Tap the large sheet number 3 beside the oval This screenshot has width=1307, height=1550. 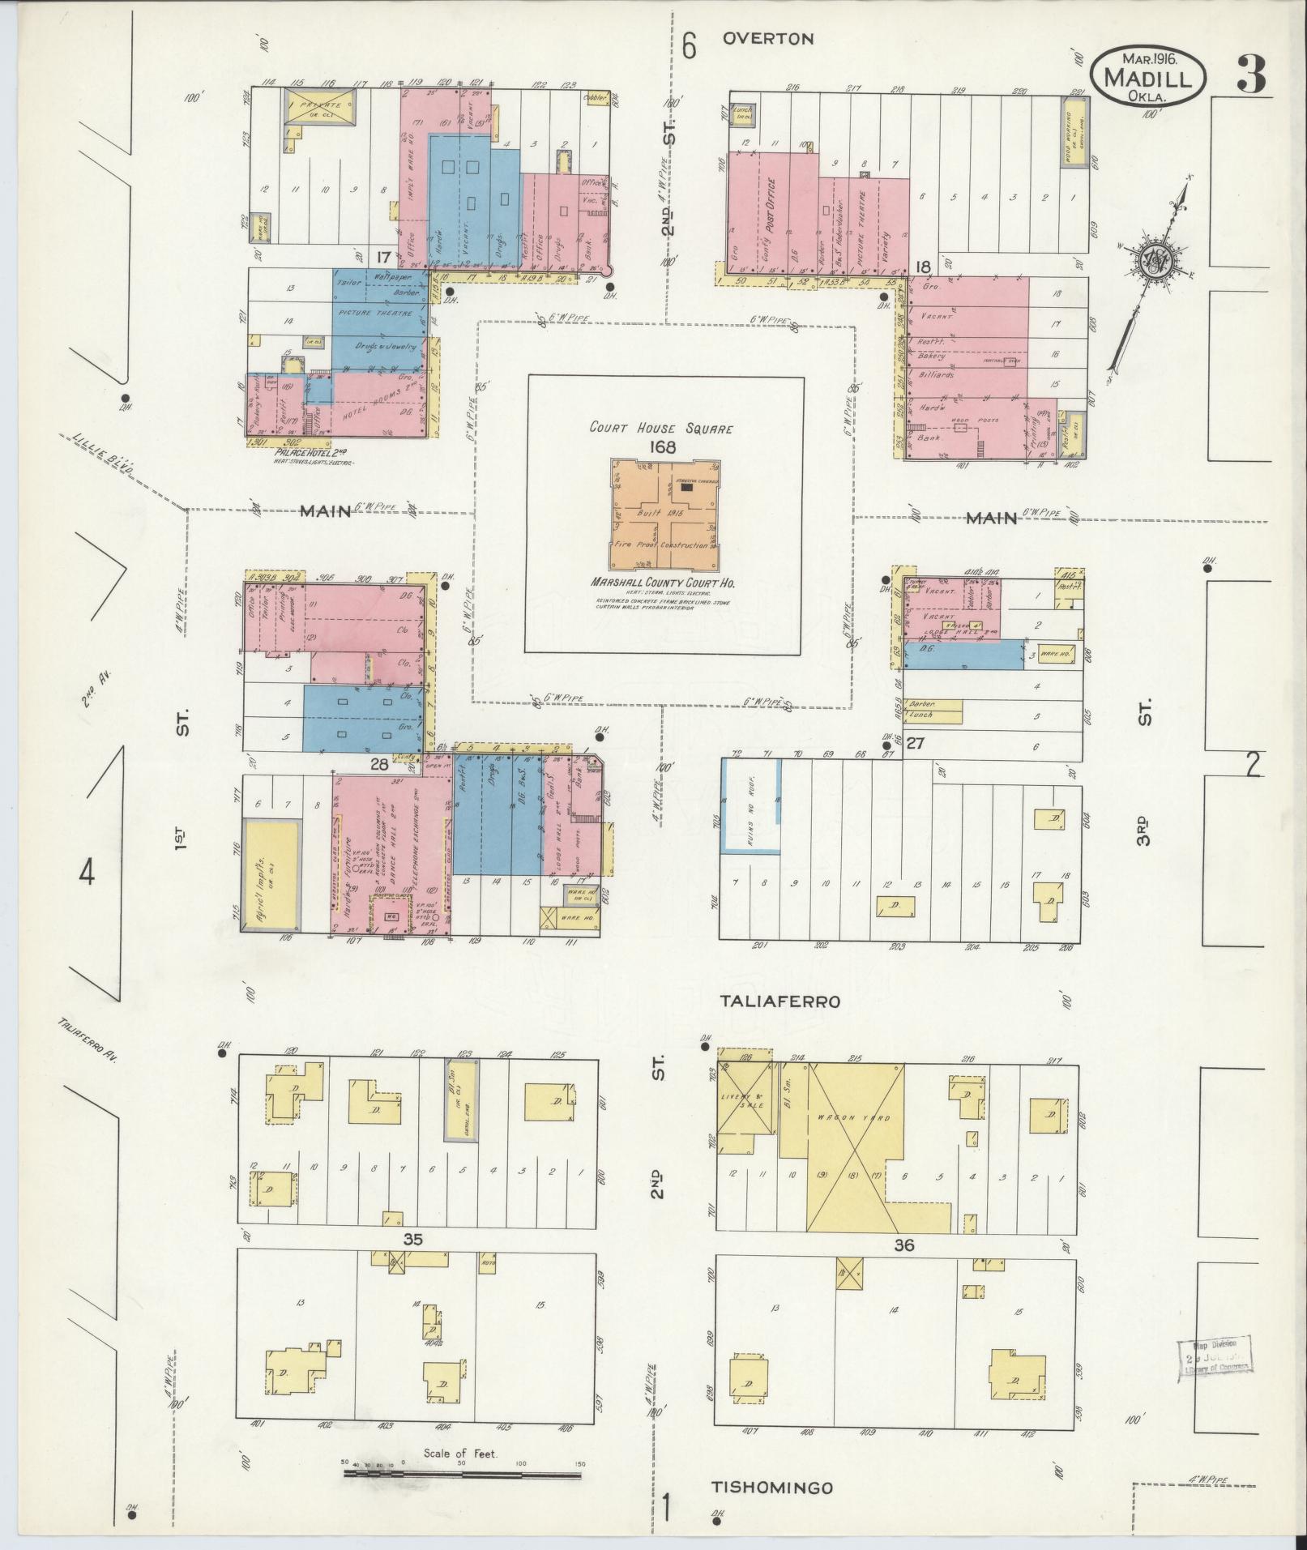point(1251,76)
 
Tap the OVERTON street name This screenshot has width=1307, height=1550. point(768,38)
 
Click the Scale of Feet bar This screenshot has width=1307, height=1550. point(463,1474)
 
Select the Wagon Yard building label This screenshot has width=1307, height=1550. point(853,1119)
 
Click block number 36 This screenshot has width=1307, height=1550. point(903,1245)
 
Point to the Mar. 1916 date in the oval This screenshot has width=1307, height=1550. point(1150,58)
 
